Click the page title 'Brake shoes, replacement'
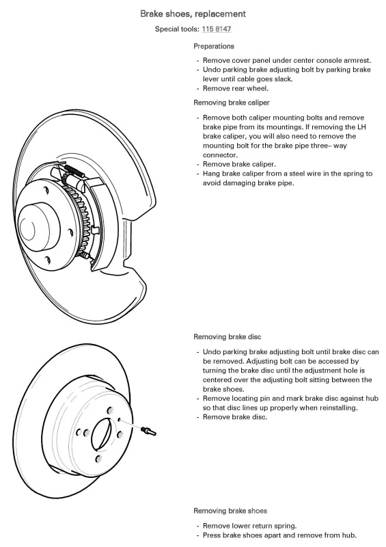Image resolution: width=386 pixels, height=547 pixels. [x=193, y=14]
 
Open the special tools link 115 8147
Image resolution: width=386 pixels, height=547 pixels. [x=216, y=29]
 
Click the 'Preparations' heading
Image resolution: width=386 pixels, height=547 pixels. [x=214, y=46]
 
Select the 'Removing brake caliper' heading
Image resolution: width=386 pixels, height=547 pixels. [x=232, y=103]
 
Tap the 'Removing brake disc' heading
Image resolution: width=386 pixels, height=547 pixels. [x=228, y=336]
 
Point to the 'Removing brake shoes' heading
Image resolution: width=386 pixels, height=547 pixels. [x=230, y=511]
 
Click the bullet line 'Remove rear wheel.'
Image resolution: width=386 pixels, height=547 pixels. [x=236, y=89]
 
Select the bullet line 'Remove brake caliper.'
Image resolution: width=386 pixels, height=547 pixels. [x=239, y=164]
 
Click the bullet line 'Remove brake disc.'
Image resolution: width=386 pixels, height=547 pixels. [x=235, y=417]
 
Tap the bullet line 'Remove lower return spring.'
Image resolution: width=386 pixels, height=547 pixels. [x=249, y=526]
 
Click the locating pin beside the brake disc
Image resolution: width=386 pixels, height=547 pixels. [x=148, y=431]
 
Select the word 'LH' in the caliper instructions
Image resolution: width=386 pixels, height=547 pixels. [x=361, y=127]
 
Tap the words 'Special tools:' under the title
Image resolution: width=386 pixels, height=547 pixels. [x=177, y=29]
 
